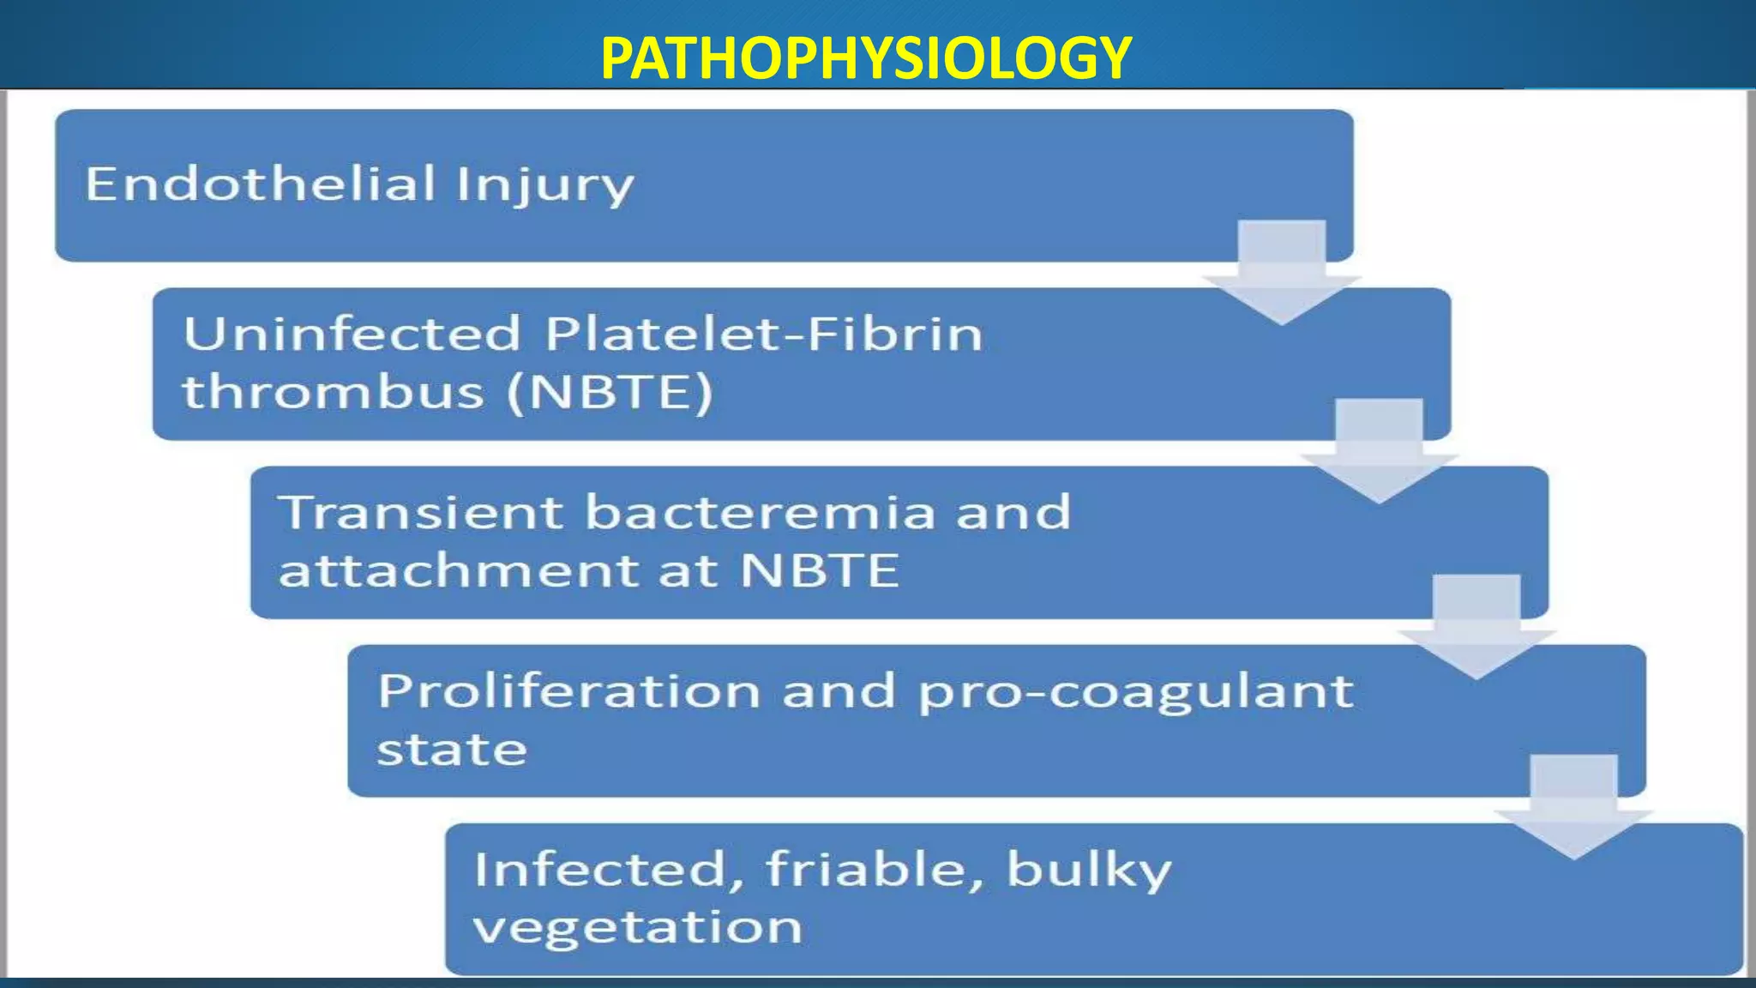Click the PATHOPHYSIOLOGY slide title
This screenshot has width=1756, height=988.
pos(866,58)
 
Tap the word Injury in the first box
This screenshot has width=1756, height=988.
pos(545,185)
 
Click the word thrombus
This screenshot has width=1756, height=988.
pos(333,392)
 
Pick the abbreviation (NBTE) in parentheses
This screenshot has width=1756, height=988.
pos(610,393)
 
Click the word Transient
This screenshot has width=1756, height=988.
pos(421,512)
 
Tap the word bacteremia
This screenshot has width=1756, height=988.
pos(760,512)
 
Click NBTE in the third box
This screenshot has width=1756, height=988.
pos(820,570)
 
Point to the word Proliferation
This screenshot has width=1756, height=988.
pos(569,690)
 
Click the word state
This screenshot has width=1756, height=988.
pos(452,750)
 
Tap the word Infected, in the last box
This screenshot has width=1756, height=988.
pos(609,870)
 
